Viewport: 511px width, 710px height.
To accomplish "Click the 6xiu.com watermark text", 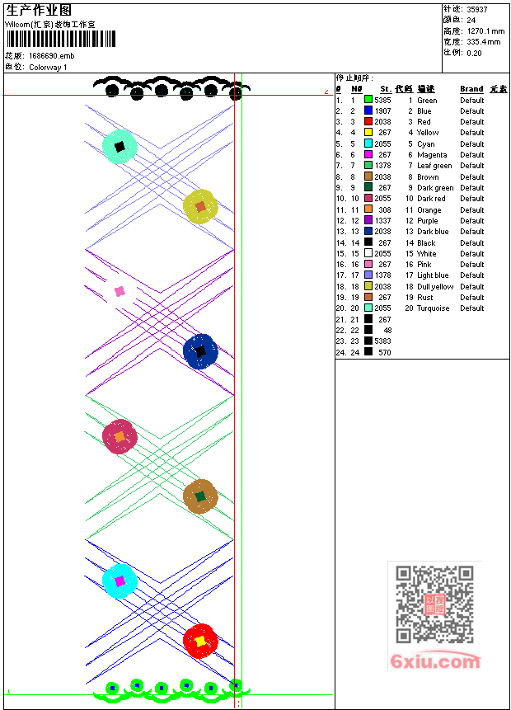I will pos(436,661).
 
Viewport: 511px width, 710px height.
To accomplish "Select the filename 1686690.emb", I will pos(51,56).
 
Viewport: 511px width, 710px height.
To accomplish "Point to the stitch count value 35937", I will pos(477,9).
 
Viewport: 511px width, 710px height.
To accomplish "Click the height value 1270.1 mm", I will pos(485,31).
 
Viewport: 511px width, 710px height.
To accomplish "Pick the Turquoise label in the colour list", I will pos(434,308).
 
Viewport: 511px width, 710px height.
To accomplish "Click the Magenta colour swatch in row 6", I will pos(368,154).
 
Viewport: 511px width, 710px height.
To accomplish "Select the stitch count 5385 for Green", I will pos(382,100).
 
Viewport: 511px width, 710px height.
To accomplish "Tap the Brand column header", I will pos(471,88).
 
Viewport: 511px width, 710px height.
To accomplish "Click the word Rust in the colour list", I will pos(425,298).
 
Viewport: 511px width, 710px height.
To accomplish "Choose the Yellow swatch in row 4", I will pos(368,132).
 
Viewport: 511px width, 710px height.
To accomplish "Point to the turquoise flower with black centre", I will pos(120,147).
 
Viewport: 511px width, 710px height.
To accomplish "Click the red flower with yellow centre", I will pos(199,640).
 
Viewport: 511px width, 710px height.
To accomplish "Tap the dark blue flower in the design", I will pos(199,351).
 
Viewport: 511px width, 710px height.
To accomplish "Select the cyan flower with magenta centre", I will pos(120,581).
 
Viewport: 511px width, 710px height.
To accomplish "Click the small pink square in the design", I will pos(120,291).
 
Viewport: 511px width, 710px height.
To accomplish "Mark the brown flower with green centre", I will pos(199,496).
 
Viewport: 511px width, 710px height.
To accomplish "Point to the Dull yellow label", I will pos(435,286).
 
